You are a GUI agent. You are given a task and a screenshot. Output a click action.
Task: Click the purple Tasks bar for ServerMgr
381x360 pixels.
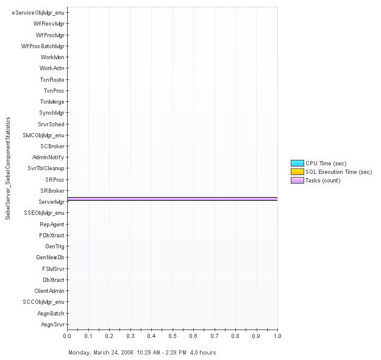click(x=172, y=198)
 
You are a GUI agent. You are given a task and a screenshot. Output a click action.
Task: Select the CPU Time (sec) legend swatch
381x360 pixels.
click(x=297, y=163)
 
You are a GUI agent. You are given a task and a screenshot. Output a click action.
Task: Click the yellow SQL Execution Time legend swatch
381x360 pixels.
click(x=297, y=171)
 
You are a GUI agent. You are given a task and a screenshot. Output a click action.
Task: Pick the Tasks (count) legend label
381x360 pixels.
click(x=322, y=181)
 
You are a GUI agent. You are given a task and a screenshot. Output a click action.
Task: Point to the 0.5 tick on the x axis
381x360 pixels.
click(x=173, y=336)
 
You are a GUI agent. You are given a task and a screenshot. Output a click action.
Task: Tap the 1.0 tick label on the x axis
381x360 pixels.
click(x=277, y=336)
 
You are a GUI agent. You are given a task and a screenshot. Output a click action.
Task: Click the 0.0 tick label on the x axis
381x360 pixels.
click(x=67, y=336)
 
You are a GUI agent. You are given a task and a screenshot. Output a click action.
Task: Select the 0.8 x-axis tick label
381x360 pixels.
click(x=235, y=336)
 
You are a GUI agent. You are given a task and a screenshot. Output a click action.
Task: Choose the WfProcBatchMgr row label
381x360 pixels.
click(x=43, y=46)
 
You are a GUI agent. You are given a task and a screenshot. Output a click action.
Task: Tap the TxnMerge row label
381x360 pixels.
click(x=52, y=102)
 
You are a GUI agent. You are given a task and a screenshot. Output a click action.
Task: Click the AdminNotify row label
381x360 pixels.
click(x=48, y=157)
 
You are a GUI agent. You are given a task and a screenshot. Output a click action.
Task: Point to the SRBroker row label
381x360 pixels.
click(x=52, y=191)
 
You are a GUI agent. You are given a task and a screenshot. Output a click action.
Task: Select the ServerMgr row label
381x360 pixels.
click(x=51, y=202)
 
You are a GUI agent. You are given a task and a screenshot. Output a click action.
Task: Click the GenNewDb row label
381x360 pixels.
click(x=50, y=257)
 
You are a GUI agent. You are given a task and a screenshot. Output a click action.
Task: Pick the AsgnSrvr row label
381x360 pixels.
click(x=52, y=325)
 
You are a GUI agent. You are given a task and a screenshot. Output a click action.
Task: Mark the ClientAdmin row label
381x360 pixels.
click(x=49, y=291)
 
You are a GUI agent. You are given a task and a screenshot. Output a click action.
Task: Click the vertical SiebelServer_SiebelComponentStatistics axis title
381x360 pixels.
click(x=8, y=168)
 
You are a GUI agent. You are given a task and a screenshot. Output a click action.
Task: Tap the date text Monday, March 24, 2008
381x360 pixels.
click(x=101, y=353)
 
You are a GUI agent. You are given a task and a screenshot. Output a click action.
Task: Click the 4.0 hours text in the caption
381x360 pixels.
click(x=203, y=353)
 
